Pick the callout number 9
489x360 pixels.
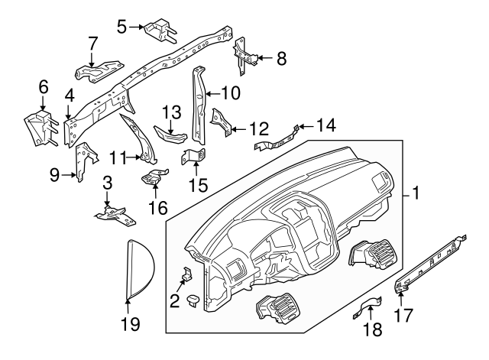tap(54, 175)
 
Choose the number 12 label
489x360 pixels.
tap(259, 128)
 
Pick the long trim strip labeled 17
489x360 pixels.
tap(432, 262)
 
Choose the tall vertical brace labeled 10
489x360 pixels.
tap(199, 103)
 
